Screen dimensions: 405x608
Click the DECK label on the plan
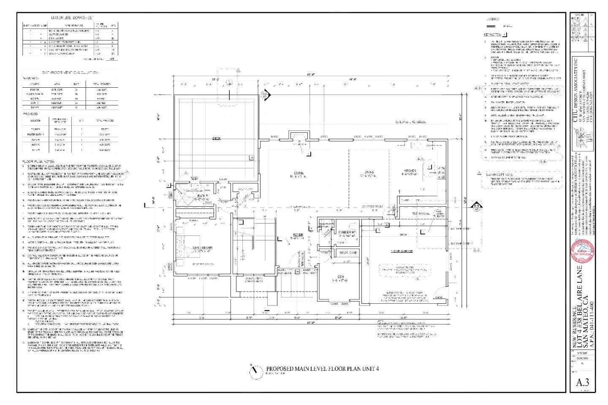[x=216, y=138]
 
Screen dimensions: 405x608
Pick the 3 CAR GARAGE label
[x=401, y=251]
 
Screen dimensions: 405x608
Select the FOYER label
[x=299, y=235]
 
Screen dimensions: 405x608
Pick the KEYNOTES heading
[x=492, y=35]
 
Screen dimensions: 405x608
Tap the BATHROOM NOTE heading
[x=500, y=174]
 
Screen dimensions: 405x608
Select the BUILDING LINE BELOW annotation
[x=411, y=122]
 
